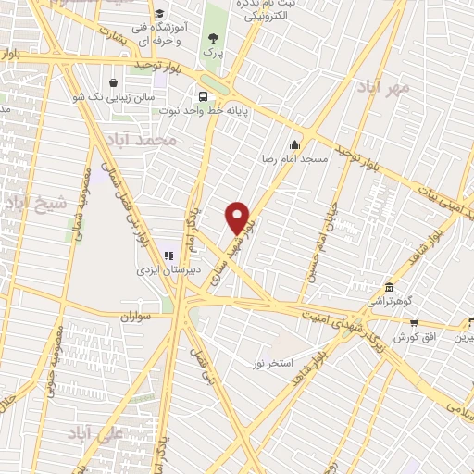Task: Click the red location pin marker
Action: [x=238, y=218]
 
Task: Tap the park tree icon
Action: [x=215, y=38]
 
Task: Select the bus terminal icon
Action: [x=203, y=96]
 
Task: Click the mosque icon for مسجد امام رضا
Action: [x=294, y=144]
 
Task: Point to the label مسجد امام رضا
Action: [x=293, y=159]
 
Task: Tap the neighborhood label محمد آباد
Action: [x=140, y=140]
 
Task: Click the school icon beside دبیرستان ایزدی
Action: [x=168, y=256]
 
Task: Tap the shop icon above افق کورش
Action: [x=414, y=323]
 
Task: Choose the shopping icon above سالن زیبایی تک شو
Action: [x=113, y=81]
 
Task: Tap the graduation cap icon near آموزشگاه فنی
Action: [x=159, y=14]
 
